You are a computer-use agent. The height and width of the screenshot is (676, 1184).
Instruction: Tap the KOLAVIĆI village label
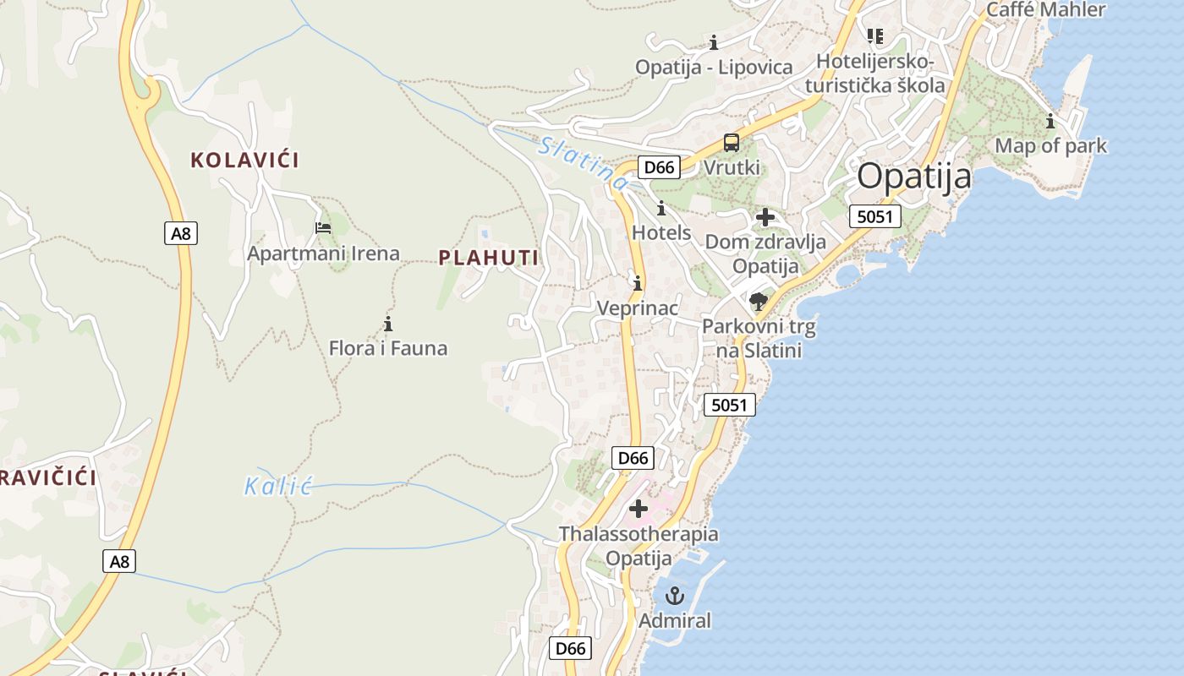(245, 160)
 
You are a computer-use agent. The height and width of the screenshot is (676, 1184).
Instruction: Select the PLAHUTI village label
(489, 259)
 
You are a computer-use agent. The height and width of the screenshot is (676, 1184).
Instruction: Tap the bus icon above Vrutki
(732, 143)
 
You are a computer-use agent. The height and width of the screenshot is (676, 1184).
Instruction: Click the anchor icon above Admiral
(674, 596)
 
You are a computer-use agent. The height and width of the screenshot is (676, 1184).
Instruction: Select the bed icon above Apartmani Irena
(323, 228)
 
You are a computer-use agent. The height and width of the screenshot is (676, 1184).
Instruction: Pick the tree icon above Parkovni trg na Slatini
(759, 302)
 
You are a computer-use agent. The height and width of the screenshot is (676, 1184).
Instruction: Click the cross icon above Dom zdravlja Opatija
(765, 217)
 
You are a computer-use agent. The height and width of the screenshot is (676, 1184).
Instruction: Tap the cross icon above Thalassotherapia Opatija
(639, 509)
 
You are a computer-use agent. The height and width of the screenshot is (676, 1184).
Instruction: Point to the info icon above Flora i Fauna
(388, 324)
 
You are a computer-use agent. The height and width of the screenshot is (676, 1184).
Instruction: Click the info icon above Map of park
(1050, 121)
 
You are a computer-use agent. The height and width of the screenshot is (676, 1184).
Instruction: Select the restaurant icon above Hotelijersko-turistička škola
(874, 36)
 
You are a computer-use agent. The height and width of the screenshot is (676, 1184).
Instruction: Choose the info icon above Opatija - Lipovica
(714, 42)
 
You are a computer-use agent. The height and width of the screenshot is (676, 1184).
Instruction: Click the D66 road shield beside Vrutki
(659, 167)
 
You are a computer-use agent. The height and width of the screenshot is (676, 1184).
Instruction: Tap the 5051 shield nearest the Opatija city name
(874, 216)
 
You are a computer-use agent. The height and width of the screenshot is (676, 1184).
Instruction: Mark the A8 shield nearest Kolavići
(181, 233)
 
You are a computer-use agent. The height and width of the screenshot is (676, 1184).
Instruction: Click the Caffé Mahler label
(1046, 9)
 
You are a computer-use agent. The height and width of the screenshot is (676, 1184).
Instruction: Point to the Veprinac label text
(638, 308)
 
